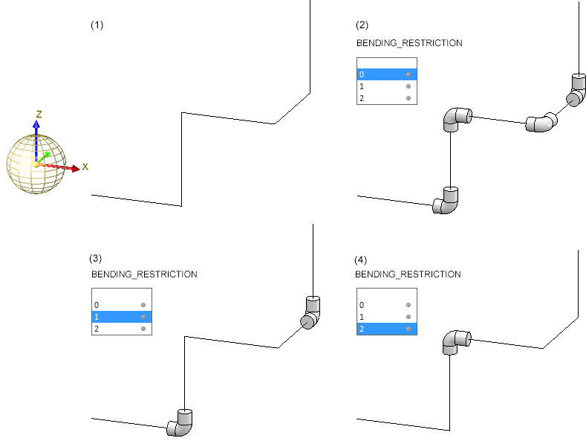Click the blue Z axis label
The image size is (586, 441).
(38, 114)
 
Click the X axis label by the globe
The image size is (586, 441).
(85, 167)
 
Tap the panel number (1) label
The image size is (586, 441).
(97, 25)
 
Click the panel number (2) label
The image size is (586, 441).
(362, 25)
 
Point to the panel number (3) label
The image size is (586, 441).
(96, 259)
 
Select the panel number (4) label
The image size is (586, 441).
(361, 259)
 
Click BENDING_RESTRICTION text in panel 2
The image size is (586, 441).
(409, 43)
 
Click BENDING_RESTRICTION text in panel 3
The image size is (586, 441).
(144, 274)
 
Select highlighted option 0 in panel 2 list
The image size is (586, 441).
(387, 74)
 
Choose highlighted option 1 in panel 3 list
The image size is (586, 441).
(121, 317)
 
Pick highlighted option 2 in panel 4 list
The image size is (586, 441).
(386, 329)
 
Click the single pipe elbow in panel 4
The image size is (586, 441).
(455, 342)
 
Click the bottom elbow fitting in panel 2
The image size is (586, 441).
(447, 200)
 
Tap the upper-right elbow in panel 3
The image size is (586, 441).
(312, 312)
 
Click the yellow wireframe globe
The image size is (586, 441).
(36, 165)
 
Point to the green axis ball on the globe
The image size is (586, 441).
(47, 155)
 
